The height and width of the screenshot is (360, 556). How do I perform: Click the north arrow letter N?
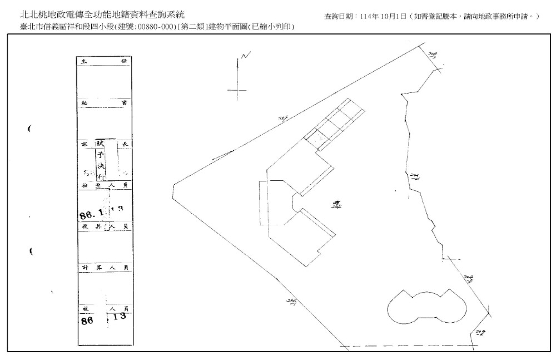246,56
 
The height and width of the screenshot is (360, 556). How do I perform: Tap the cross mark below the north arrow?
237,91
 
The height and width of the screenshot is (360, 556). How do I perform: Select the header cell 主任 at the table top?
105,62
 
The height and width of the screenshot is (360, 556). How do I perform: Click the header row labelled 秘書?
105,103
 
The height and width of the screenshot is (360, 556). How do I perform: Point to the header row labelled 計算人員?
105,268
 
